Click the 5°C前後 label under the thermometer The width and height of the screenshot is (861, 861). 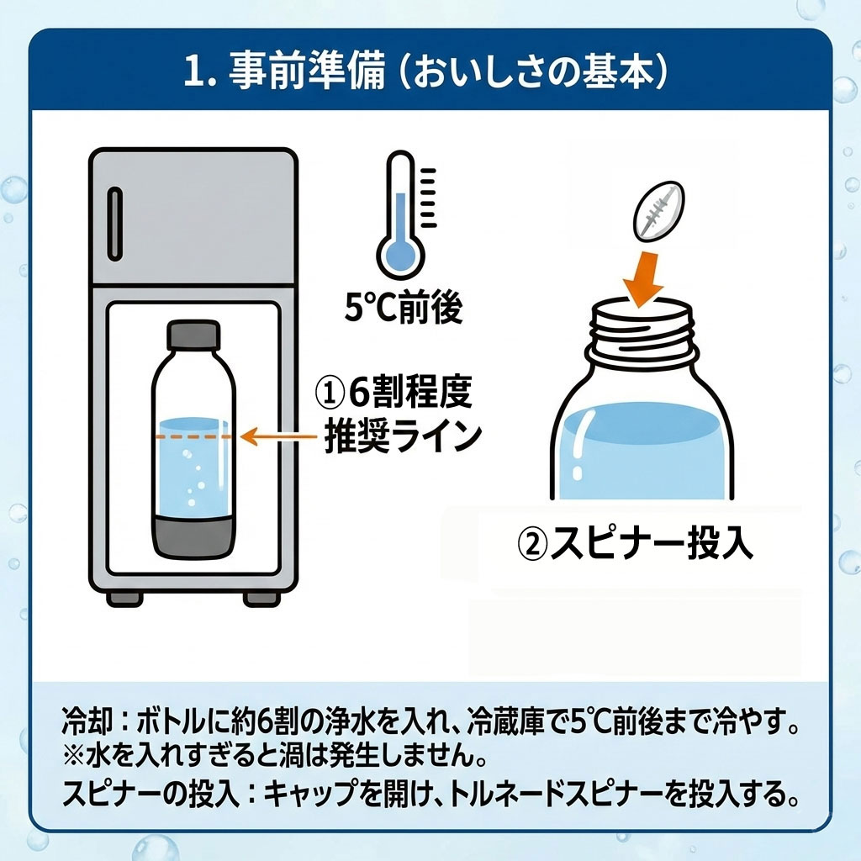(404, 309)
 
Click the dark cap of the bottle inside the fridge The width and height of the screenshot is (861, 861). (194, 336)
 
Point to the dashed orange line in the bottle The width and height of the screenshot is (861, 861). (193, 437)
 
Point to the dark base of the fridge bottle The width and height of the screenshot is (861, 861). (193, 533)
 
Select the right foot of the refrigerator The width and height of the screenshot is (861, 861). (259, 598)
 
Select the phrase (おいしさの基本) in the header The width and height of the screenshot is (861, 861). (531, 72)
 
